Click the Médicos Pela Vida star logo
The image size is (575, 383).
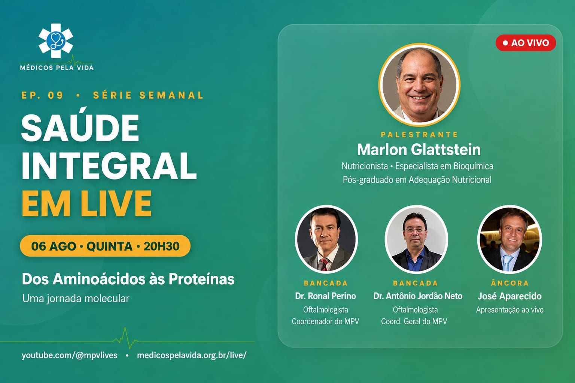point(56,41)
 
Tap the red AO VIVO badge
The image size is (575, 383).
point(526,43)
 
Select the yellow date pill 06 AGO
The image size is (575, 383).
point(105,246)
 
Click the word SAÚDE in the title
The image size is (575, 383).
point(80,128)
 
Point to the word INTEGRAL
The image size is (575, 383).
point(109,165)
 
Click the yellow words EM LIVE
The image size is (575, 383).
point(86,203)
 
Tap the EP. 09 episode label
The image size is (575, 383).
point(42,95)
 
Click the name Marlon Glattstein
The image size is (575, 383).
point(419,149)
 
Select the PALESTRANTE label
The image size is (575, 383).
point(419,134)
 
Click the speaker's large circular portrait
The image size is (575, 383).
point(419,85)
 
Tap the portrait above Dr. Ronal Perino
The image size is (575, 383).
point(326,239)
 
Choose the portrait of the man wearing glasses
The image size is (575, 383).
point(416,239)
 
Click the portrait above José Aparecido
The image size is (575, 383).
point(509,239)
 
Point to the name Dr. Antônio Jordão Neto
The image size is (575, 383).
point(418,296)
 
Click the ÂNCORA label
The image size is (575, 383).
point(510,283)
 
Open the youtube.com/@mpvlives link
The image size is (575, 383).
point(70,355)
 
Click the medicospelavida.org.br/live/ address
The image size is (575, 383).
point(192,355)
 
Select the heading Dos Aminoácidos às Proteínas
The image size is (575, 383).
point(128,279)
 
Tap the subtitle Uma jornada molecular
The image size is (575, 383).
point(76,298)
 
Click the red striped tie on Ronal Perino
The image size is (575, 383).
point(325,264)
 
